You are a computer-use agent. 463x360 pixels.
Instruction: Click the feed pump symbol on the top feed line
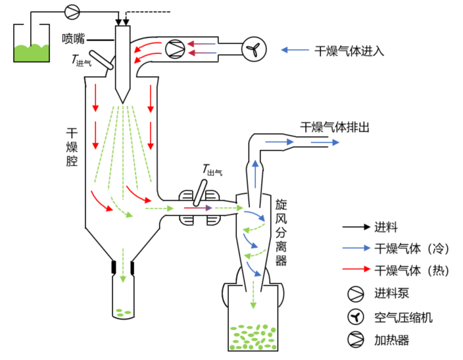(72, 10)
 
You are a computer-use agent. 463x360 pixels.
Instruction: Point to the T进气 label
(82, 61)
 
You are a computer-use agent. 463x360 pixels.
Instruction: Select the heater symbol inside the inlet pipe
(174, 47)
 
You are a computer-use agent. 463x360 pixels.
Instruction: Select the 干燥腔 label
(72, 144)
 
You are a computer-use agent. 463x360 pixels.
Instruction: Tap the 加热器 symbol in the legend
(355, 340)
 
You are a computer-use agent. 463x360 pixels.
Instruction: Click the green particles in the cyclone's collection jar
(253, 336)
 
